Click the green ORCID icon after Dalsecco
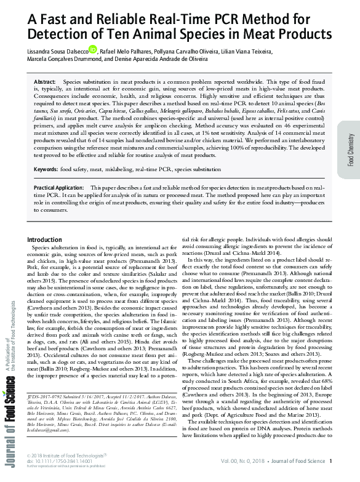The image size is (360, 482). coord(93,49)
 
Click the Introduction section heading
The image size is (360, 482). coord(54,239)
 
